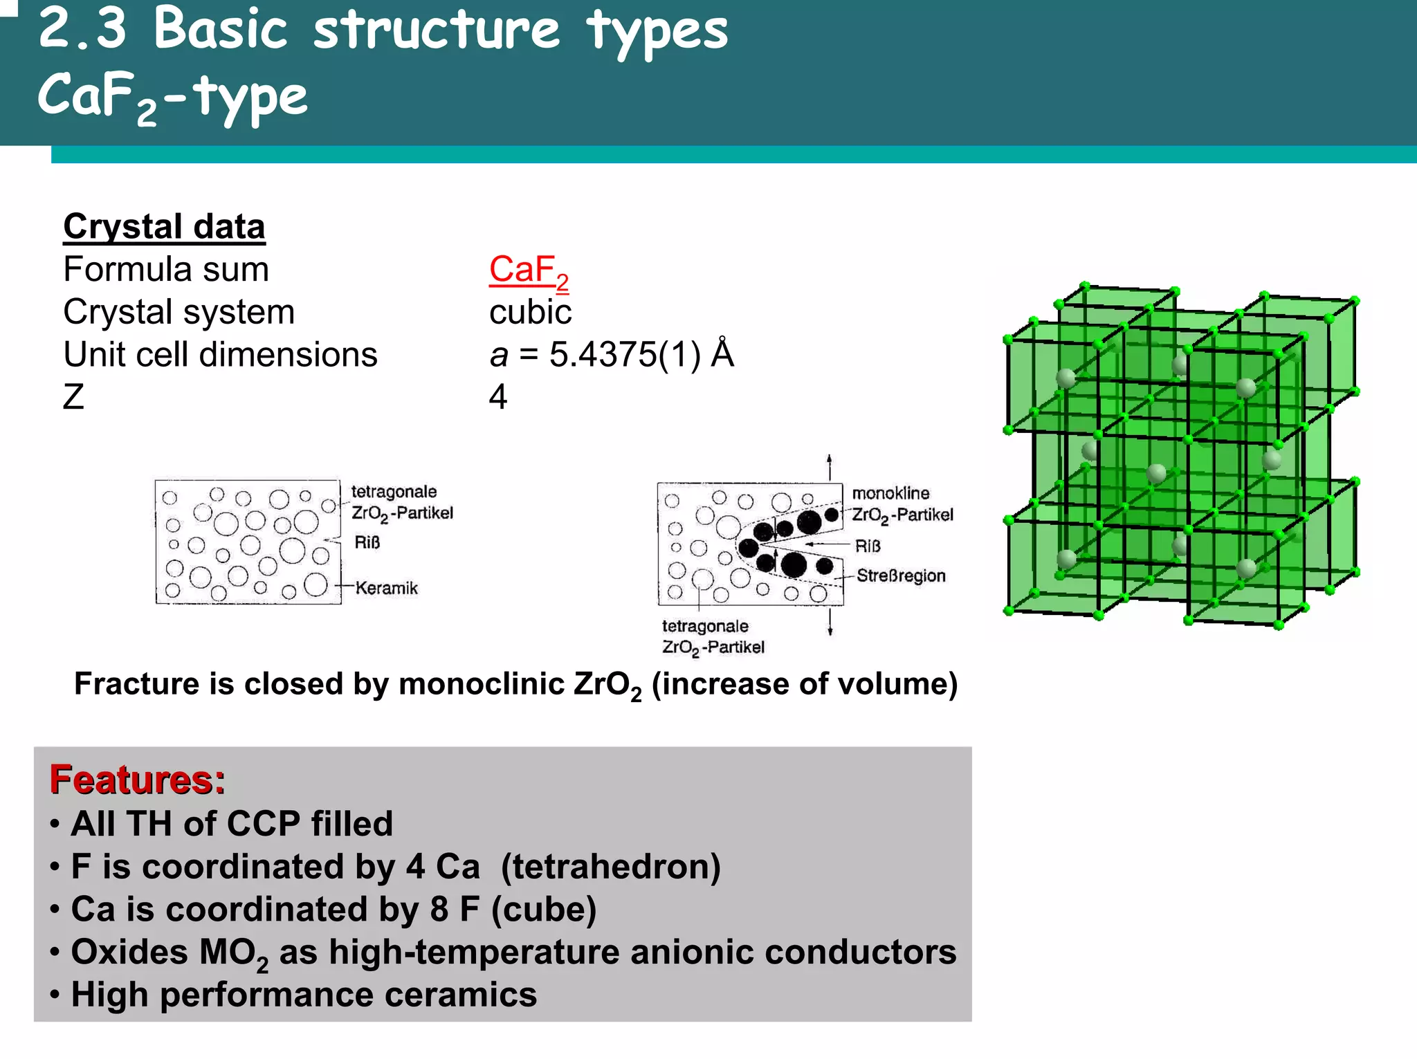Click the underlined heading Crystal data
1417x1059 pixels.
point(164,226)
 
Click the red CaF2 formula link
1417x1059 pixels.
point(529,271)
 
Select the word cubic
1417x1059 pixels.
point(530,312)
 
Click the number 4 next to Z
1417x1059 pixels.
point(498,397)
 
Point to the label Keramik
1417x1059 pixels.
point(386,588)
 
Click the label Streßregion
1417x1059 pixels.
point(901,575)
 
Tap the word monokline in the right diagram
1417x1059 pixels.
point(890,493)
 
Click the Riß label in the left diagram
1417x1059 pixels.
point(367,542)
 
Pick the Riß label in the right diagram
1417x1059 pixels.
point(868,546)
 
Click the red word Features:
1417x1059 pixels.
point(138,780)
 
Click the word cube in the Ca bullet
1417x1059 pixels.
point(544,910)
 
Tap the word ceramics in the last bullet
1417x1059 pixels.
point(460,995)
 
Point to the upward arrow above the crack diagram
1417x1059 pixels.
point(830,467)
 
